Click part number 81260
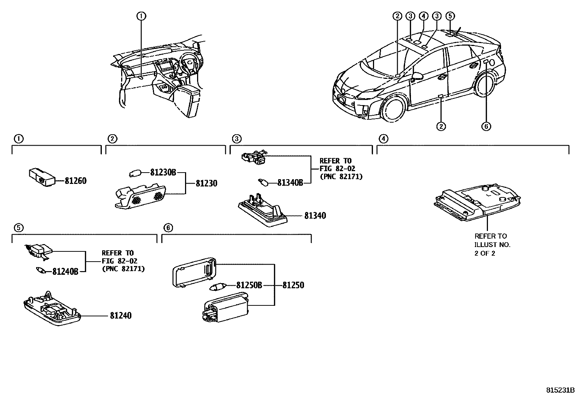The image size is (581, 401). pos(76,181)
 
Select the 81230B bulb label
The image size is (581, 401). pos(163,173)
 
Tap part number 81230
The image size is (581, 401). pos(206,183)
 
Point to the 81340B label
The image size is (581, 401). pos(290,183)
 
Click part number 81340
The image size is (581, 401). pos(315,216)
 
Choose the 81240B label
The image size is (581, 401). pos(65,271)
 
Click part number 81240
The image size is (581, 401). pos(120,316)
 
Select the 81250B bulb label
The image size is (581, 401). pos(249,285)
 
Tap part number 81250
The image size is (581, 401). pos(293,285)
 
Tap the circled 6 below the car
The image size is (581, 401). pos(486,126)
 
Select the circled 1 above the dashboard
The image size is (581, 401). pos(141,16)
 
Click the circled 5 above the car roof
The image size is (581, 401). pos(450,16)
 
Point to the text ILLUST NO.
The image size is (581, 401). pos(492,245)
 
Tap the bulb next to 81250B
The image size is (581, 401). pos(219,288)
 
